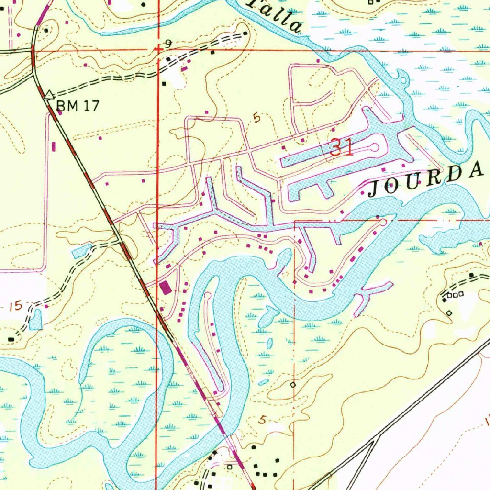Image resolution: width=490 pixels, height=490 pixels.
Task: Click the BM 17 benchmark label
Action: pos(78,106)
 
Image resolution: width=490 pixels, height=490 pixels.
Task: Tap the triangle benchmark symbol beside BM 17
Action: pos(49,95)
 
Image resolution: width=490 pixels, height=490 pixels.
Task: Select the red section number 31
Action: pos(341,148)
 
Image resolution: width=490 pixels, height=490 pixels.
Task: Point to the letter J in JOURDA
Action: pos(375,189)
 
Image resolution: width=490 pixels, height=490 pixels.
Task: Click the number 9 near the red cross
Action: pos(168,45)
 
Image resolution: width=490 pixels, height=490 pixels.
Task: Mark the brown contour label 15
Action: pos(15,305)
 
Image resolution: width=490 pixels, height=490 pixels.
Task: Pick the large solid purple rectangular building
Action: pos(166,288)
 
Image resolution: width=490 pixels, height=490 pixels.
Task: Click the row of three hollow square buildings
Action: pos(455,295)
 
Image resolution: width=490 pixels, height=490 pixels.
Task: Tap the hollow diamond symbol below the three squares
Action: pos(449,312)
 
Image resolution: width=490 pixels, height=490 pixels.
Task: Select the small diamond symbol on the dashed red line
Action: pos(293,384)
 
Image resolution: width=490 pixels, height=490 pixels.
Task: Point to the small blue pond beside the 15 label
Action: pos(35,319)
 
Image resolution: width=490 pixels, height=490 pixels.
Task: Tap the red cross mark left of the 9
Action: pos(158,49)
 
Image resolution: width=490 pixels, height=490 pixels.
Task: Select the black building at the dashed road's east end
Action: pos(245,33)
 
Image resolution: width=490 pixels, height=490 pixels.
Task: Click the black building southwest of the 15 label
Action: pos(11,339)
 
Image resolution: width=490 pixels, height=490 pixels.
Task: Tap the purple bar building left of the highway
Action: pos(53,145)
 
